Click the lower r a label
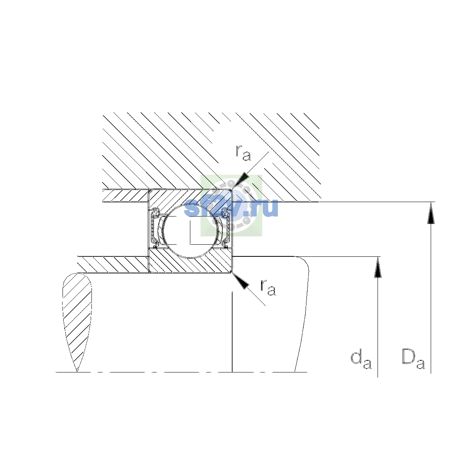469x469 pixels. click(268, 288)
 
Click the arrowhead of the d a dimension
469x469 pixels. click(378, 267)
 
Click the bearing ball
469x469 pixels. click(190, 230)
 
